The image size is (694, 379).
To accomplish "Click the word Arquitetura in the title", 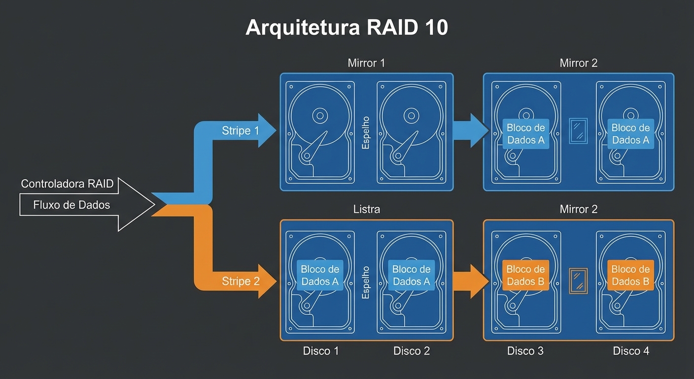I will click(303, 27).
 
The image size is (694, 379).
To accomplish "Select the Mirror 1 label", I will click(366, 63).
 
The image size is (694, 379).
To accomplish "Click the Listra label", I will click(366, 209).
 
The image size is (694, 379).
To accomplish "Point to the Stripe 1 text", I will click(240, 131).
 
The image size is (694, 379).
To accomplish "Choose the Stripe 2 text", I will click(240, 281).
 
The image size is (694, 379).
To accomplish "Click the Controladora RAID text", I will click(67, 184).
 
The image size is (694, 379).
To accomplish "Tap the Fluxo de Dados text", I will click(71, 204).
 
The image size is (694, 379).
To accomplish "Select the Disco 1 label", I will click(321, 351).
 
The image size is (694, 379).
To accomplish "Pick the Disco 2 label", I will click(412, 351).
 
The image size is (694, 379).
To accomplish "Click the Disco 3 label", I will click(525, 351).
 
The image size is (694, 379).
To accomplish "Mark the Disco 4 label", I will click(631, 351).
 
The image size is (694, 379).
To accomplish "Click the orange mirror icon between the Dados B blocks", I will click(578, 281).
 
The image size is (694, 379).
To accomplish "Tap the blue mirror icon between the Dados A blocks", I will click(578, 131).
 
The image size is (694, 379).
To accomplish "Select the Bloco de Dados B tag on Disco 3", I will click(525, 275).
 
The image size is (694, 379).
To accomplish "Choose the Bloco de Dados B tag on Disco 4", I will click(630, 275).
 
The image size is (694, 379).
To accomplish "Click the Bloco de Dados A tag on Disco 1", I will click(320, 275).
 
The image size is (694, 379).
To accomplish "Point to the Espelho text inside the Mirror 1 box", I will click(366, 132).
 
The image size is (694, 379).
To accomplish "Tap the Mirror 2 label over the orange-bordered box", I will click(578, 209).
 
